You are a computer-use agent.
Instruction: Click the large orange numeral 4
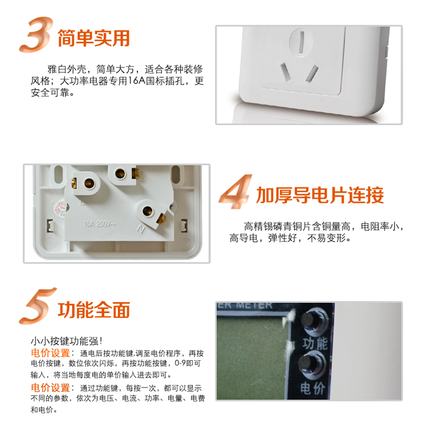[x=235, y=191]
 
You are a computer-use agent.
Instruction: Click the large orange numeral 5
[x=37, y=306]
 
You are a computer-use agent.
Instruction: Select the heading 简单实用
[x=94, y=38]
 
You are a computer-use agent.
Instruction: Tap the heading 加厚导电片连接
[x=320, y=195]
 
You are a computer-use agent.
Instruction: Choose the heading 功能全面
[x=94, y=310]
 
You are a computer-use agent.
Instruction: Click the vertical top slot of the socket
[x=301, y=42]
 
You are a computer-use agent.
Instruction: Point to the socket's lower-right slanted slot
[x=312, y=73]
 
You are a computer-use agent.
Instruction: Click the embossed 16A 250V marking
[x=100, y=224]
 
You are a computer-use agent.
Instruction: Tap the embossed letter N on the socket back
[x=141, y=229]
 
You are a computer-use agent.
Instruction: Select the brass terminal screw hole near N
[x=148, y=210]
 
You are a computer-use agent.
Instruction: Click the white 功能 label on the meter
[x=315, y=343]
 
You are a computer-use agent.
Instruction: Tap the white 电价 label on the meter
[x=313, y=388]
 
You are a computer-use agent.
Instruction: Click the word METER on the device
[x=254, y=305]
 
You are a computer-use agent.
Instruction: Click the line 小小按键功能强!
[x=66, y=341]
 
